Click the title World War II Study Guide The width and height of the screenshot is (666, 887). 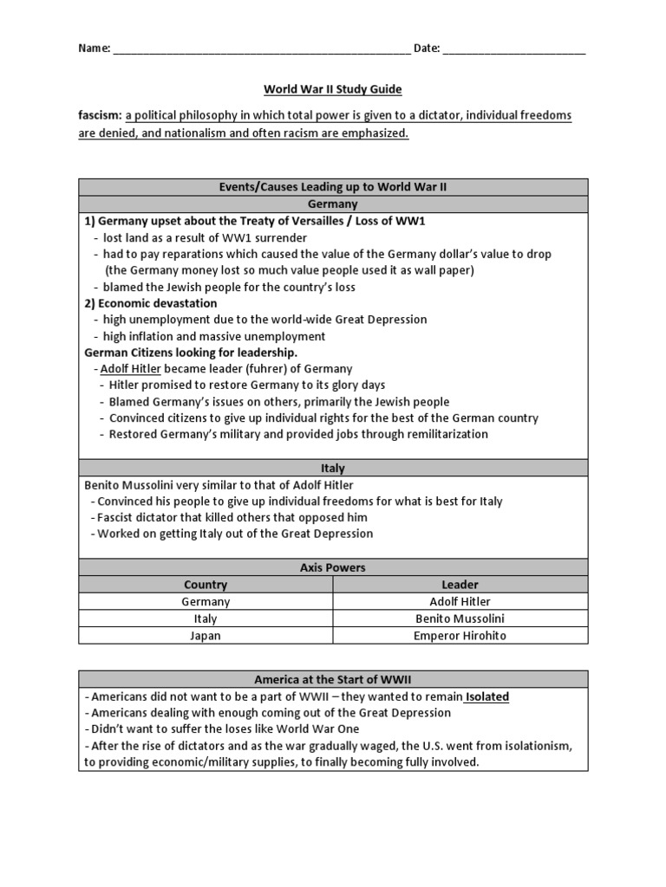333,89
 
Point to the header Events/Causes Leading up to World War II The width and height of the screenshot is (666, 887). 333,187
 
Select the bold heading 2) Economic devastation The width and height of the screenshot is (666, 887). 151,303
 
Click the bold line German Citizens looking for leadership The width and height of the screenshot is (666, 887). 191,353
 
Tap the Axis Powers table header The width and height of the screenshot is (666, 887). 333,567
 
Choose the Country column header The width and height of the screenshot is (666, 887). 206,585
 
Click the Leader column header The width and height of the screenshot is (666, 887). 460,585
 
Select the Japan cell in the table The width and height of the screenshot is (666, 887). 206,635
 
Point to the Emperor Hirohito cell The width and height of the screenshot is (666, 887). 460,635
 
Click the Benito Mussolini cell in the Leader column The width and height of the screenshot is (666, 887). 460,618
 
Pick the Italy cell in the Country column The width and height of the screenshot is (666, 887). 206,618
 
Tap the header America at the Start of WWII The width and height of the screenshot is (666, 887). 333,679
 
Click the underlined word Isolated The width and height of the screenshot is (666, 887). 486,696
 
